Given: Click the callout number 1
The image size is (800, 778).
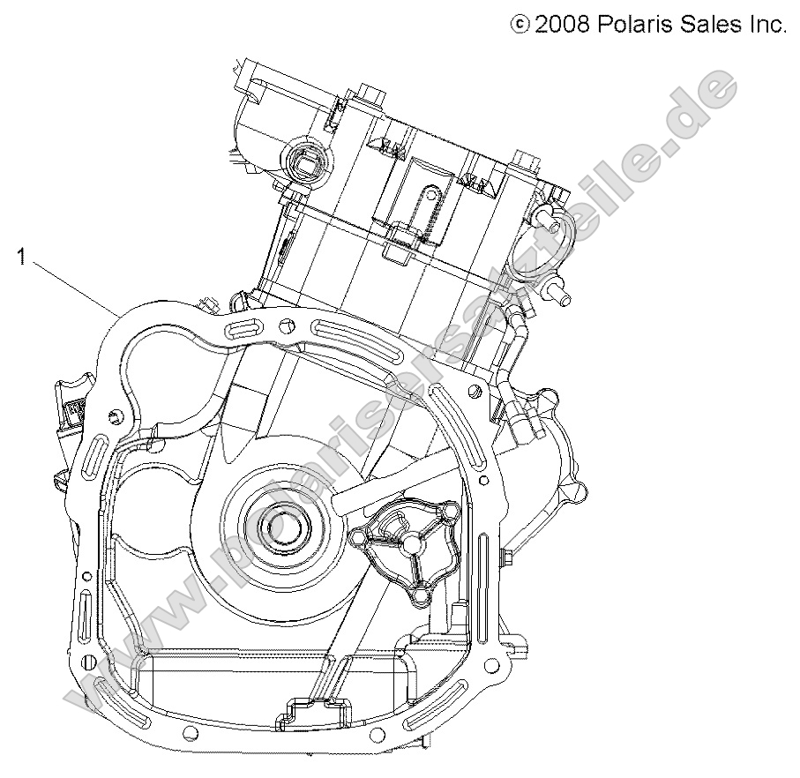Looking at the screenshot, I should click(x=19, y=258).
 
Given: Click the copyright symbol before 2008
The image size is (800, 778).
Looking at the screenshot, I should click(x=521, y=25).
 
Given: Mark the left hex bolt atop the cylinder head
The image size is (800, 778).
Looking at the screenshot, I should click(x=369, y=94).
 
